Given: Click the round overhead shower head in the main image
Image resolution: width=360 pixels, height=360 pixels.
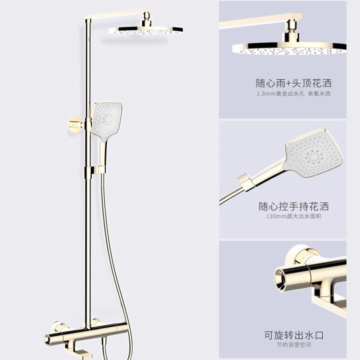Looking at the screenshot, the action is pos(146,31).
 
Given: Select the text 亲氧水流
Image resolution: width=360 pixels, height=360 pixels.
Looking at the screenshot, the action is pos(319,94).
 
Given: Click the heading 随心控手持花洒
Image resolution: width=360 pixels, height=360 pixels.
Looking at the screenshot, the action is pos(293,207).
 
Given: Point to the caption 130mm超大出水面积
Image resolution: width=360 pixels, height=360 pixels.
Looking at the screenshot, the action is pos(293,217).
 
